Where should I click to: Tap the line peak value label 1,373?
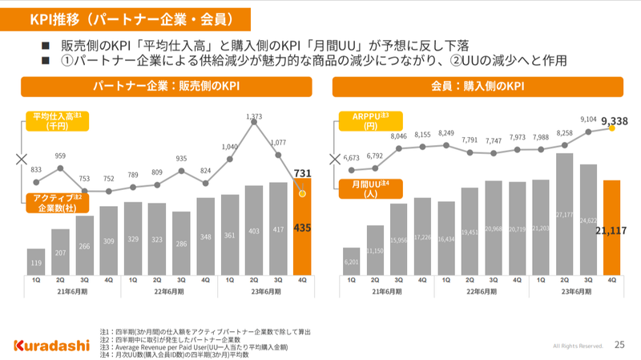tap(255, 117)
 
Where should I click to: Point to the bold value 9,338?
tap(613, 120)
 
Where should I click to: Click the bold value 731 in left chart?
tap(302, 173)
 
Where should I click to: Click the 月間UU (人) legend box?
tap(370, 188)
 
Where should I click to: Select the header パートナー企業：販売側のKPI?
tap(166, 86)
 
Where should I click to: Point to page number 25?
tap(619, 346)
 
